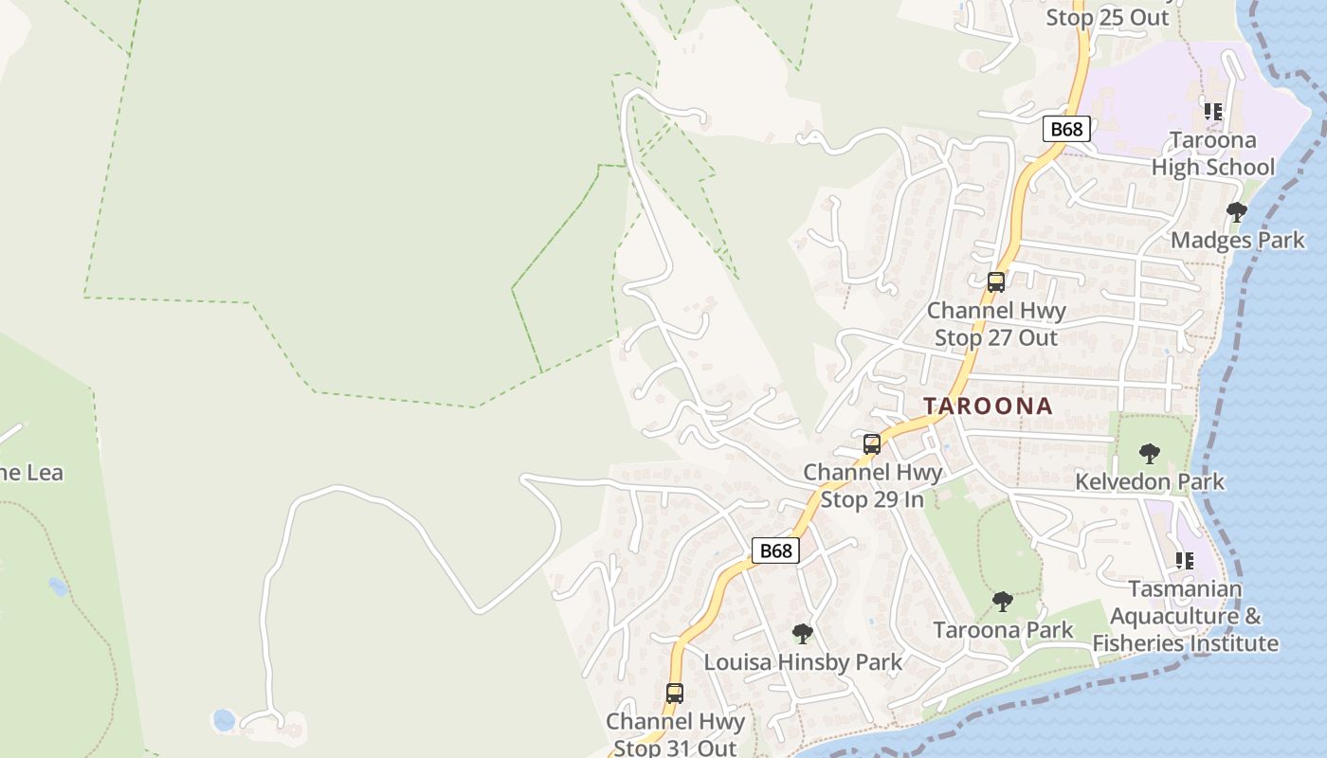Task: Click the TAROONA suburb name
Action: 988,406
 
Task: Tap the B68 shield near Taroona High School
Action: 1066,129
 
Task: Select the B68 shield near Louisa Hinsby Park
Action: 775,550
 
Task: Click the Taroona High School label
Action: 1212,153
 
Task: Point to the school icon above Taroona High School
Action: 1212,112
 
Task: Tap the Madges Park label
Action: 1237,240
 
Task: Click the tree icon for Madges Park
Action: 1236,211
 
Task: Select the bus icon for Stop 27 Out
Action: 995,281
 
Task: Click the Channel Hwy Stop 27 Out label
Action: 995,324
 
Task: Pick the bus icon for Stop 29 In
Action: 871,443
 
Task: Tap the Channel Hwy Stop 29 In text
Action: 872,485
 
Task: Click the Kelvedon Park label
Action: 1149,481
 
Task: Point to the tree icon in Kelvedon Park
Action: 1149,454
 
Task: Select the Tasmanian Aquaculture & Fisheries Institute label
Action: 1185,616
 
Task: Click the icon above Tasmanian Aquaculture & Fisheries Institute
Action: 1184,561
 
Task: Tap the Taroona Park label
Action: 1003,630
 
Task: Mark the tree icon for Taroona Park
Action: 1002,602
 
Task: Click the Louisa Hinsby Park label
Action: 802,661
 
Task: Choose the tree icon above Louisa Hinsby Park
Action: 802,633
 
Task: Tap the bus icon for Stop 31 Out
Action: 674,694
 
